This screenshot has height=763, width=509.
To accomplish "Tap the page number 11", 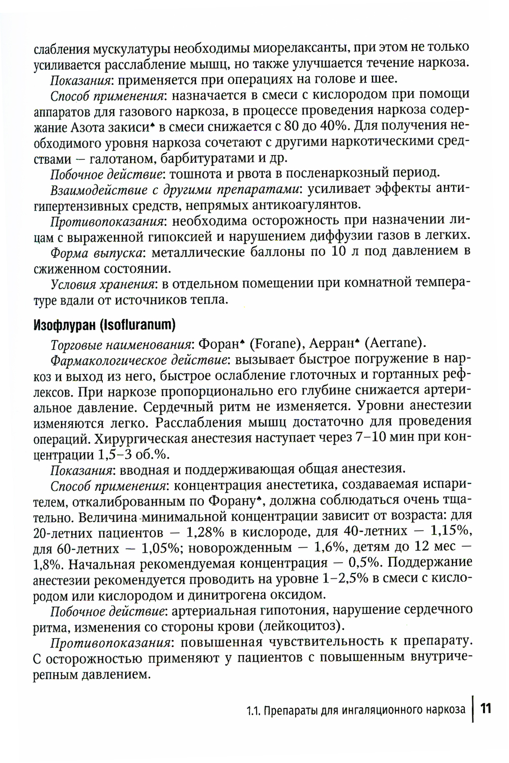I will (486, 709).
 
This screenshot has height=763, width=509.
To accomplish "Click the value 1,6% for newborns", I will (324, 548).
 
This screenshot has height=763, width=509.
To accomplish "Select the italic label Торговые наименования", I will (122, 344).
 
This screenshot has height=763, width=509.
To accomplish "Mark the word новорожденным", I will (241, 548).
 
